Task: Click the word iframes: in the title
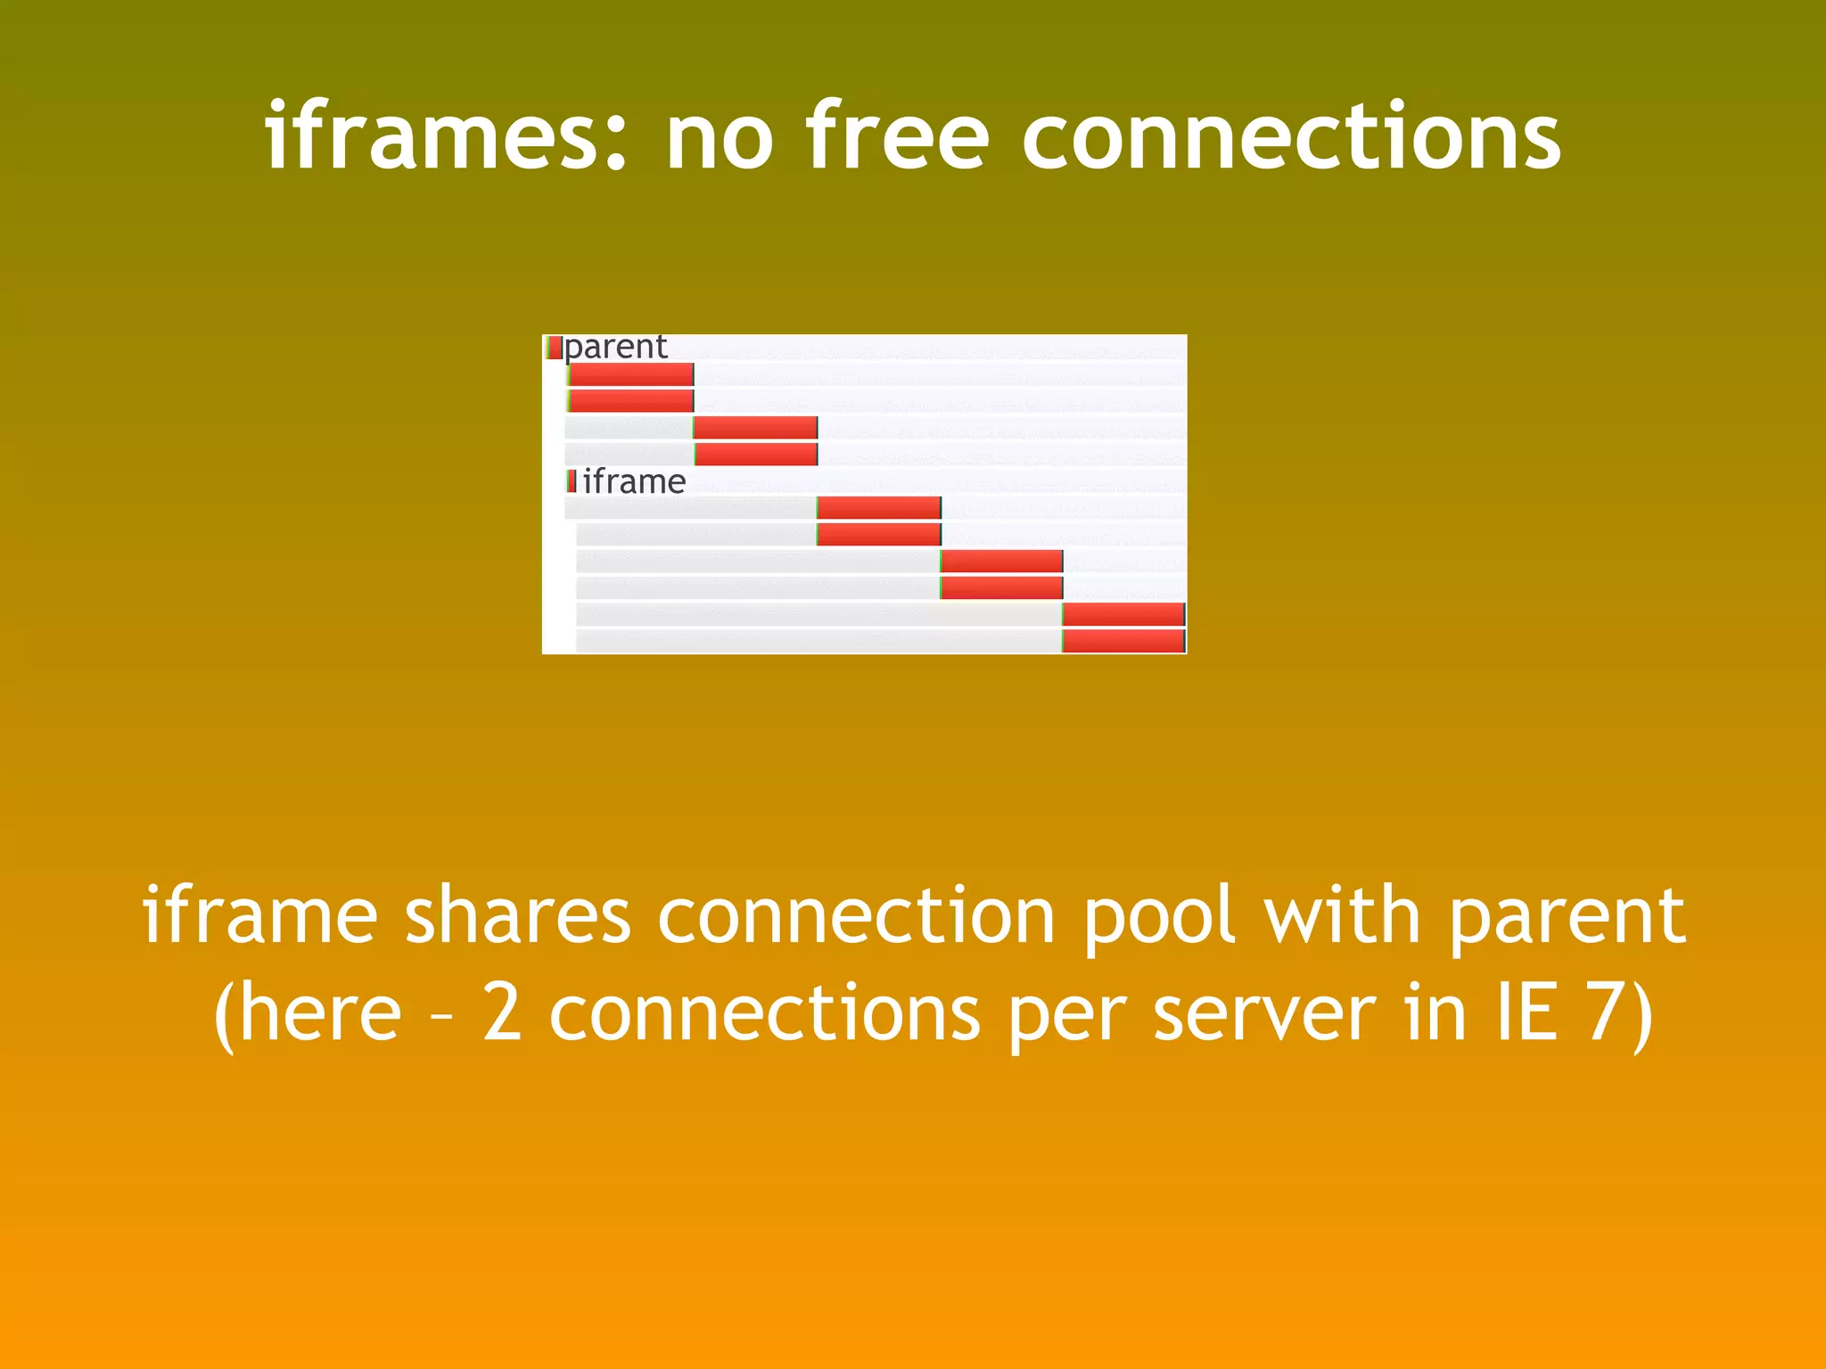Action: click(x=446, y=136)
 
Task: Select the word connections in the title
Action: click(x=1291, y=136)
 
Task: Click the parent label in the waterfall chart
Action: click(x=616, y=347)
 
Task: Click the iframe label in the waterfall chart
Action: click(x=634, y=481)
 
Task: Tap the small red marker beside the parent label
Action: click(x=554, y=348)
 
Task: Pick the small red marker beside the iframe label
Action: click(x=572, y=481)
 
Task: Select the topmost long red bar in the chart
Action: click(x=631, y=374)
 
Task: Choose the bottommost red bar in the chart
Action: click(x=1123, y=641)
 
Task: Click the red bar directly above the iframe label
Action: click(x=755, y=454)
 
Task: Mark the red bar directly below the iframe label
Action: click(x=878, y=508)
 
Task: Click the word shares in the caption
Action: click(x=518, y=915)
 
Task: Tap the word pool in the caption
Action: click(x=1158, y=915)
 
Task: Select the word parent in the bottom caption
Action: click(x=1566, y=917)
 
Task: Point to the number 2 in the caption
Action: click(x=501, y=1013)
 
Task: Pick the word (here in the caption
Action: click(x=308, y=1015)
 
